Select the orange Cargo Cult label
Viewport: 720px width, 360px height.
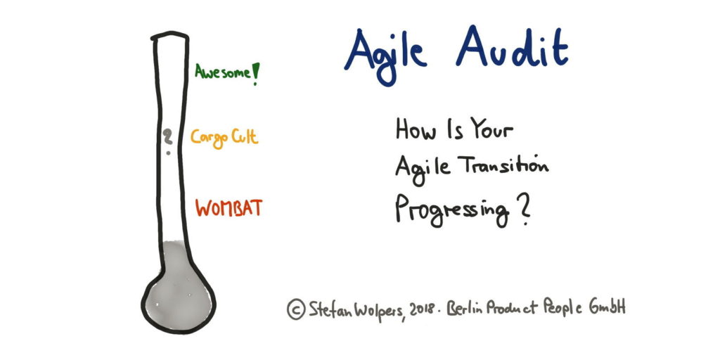[x=224, y=136]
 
